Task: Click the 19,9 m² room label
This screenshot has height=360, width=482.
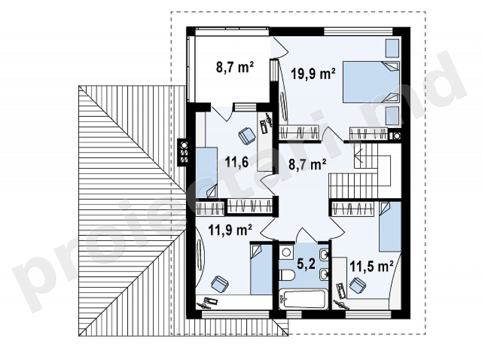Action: pyautogui.click(x=313, y=74)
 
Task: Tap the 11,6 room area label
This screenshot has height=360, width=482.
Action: pyautogui.click(x=237, y=162)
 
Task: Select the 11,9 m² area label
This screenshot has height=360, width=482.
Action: pyautogui.click(x=230, y=230)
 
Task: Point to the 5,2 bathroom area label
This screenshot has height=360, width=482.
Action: pyautogui.click(x=306, y=264)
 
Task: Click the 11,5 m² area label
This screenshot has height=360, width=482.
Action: pyautogui.click(x=372, y=266)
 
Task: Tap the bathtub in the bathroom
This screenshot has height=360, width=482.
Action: pyautogui.click(x=303, y=298)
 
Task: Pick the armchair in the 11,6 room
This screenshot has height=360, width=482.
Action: pyautogui.click(x=247, y=135)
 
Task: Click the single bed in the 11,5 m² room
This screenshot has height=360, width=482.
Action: pyautogui.click(x=390, y=226)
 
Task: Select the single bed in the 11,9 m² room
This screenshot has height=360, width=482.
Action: pyautogui.click(x=261, y=270)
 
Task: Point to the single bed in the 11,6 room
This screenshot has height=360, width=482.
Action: pyautogui.click(x=207, y=173)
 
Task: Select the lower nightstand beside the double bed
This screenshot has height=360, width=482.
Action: pyautogui.click(x=392, y=116)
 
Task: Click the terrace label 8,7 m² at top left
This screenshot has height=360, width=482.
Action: pyautogui.click(x=235, y=67)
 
